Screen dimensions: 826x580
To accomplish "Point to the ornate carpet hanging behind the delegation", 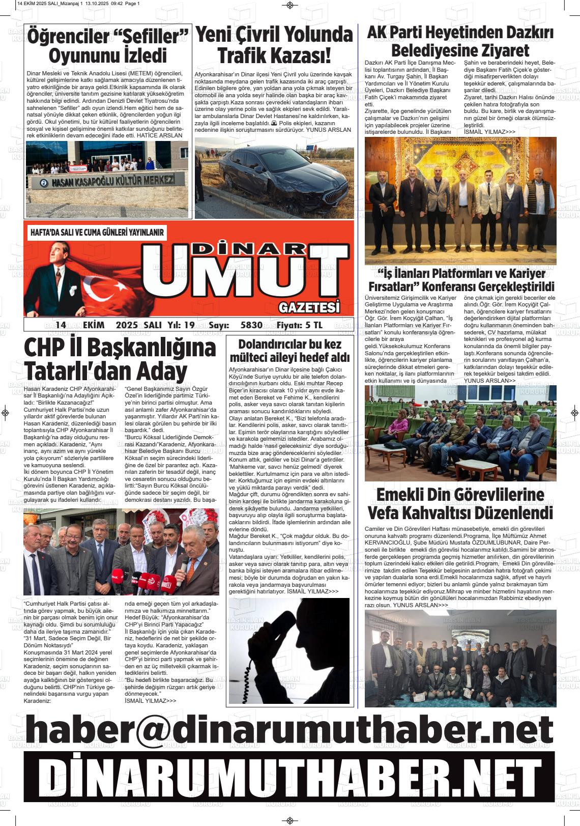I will point(460,163).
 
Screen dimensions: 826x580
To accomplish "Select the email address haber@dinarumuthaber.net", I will point(289,730).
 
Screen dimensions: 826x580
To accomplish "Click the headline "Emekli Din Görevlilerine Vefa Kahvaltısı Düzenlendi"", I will point(460,504).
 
